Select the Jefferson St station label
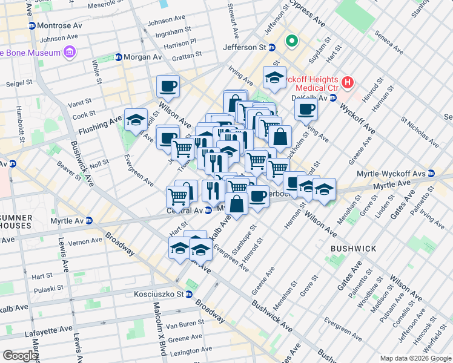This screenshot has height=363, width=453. point(245,47)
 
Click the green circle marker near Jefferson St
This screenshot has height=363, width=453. point(291,42)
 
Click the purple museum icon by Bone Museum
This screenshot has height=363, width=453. point(70,53)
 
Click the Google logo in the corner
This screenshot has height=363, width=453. point(20,356)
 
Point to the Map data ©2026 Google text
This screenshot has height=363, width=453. point(415,358)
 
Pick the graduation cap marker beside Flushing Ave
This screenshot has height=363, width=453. point(136,119)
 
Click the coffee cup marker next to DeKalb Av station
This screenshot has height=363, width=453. point(306,110)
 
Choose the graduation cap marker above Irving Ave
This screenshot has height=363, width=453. point(274,77)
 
